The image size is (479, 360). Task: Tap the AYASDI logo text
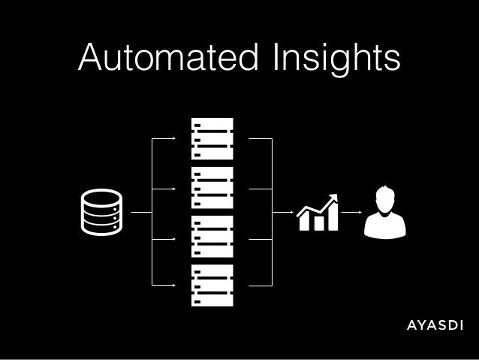pyautogui.click(x=435, y=325)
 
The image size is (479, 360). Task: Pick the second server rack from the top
pyautogui.click(x=212, y=188)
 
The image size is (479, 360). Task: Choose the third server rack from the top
pyautogui.click(x=212, y=237)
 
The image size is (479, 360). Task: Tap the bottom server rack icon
pyautogui.click(x=212, y=286)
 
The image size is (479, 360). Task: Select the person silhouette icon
pyautogui.click(x=384, y=213)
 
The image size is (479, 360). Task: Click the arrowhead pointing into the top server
pyautogui.click(x=174, y=139)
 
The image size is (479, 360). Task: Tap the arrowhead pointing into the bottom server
pyautogui.click(x=174, y=286)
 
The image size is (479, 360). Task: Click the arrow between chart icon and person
pyautogui.click(x=351, y=213)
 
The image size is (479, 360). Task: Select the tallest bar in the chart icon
pyautogui.click(x=333, y=219)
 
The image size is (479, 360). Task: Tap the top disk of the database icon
pyautogui.click(x=101, y=197)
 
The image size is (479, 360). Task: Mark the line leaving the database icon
pyautogui.click(x=140, y=213)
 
